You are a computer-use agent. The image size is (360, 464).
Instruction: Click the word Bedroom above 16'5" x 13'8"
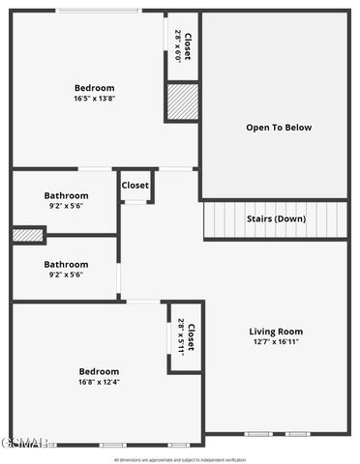(x=94, y=88)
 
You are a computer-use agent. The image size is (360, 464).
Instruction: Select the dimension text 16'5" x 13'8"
(x=94, y=99)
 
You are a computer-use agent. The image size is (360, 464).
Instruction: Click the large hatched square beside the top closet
(x=182, y=101)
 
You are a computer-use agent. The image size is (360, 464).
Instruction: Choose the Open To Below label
(x=279, y=128)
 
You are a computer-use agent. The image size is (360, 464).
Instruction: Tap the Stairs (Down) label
(x=276, y=218)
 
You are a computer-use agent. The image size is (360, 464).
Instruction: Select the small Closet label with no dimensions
(x=135, y=186)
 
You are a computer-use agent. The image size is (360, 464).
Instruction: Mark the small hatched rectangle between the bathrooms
(x=27, y=234)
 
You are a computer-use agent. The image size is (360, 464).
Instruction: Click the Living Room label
(x=276, y=332)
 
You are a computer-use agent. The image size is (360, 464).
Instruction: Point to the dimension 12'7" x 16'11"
(x=276, y=342)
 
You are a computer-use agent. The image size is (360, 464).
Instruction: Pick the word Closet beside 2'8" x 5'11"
(x=191, y=337)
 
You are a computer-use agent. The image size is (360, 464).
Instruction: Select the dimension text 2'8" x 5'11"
(x=180, y=337)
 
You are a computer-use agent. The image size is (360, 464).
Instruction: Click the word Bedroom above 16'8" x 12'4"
(x=99, y=371)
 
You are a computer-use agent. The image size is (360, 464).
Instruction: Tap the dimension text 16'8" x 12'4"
(x=99, y=382)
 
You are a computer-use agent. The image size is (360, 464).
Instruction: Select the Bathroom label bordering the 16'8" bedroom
(x=66, y=264)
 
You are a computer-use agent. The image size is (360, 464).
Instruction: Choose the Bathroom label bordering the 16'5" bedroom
(x=66, y=195)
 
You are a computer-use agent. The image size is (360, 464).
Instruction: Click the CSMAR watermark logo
(x=24, y=443)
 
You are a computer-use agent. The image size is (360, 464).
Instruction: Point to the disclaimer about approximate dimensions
(x=180, y=459)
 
